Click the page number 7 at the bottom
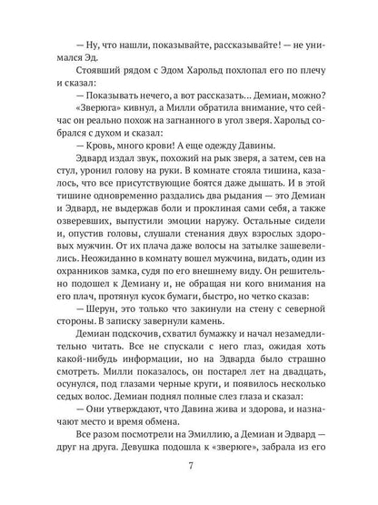[189, 467]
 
